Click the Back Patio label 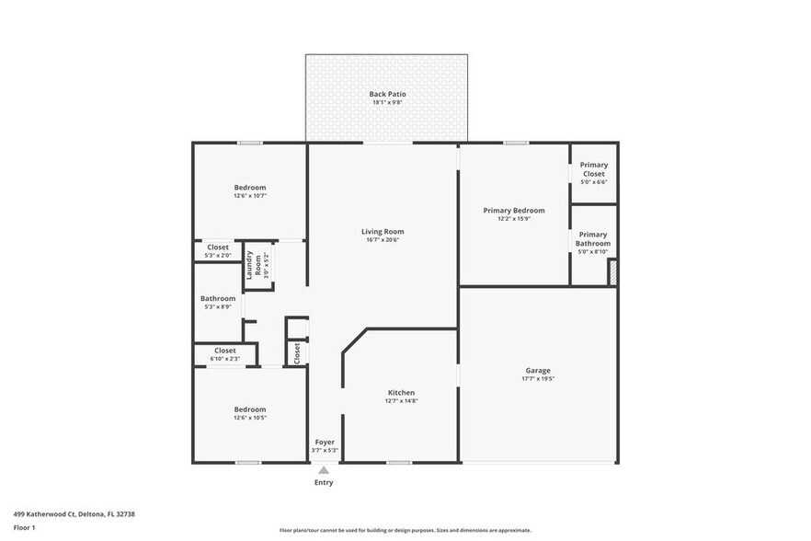tap(387, 94)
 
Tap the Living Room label tap(382, 232)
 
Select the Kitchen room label tap(400, 393)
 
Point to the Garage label tap(538, 371)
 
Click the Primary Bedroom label tap(514, 211)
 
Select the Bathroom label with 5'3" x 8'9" tap(218, 299)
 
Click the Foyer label tap(325, 443)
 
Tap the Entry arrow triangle tap(324, 470)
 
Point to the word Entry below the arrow tap(324, 482)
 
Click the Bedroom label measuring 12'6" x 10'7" tap(249, 188)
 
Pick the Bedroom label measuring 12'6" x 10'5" tap(249, 409)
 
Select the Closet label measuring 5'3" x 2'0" tap(218, 247)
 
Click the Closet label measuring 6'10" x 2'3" tap(224, 351)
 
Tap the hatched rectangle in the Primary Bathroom tap(611, 273)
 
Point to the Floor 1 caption tap(24, 527)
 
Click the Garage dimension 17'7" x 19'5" tap(538, 379)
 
